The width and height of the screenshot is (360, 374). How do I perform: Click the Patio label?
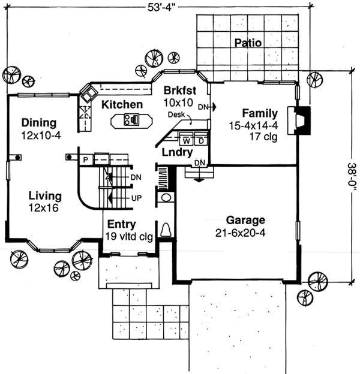coord(247,43)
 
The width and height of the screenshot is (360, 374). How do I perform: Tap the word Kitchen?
coord(122,105)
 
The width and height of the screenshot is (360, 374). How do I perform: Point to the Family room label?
coord(259,113)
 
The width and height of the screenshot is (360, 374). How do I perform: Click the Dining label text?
coord(38,123)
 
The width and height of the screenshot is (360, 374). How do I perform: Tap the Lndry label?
coord(177,152)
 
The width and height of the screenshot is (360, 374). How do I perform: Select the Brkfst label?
coord(179,91)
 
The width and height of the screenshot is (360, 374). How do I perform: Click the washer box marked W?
coord(186,141)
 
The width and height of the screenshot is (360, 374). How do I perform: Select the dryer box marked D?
coord(200,141)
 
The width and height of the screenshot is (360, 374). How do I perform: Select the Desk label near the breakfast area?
coord(175,114)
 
